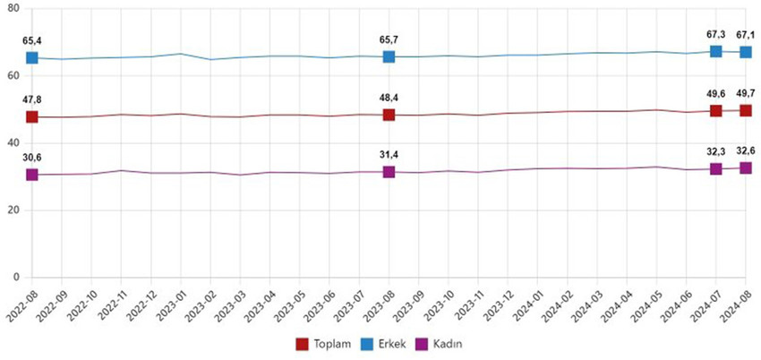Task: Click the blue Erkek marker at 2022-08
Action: pyautogui.click(x=32, y=57)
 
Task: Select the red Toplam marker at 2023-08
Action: pyautogui.click(x=389, y=115)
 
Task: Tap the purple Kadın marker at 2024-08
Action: pyautogui.click(x=745, y=167)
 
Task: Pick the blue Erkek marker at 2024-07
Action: pyautogui.click(x=715, y=51)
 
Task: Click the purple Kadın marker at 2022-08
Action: pyautogui.click(x=32, y=174)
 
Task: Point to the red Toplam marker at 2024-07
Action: pyautogui.click(x=715, y=110)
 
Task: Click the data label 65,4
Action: pyautogui.click(x=32, y=41)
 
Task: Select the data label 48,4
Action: pyautogui.click(x=389, y=98)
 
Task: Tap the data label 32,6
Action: pyautogui.click(x=745, y=150)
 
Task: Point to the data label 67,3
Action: pyautogui.click(x=715, y=34)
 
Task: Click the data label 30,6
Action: pyautogui.click(x=32, y=157)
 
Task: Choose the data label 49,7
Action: pyautogui.click(x=745, y=93)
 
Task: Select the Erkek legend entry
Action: pyautogui.click(x=386, y=344)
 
